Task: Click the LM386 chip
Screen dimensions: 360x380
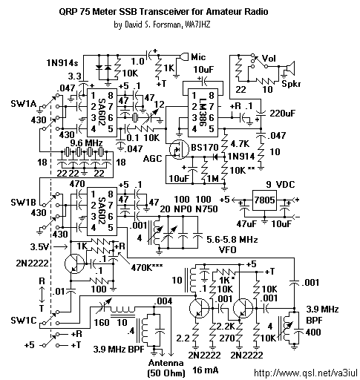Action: click(x=203, y=113)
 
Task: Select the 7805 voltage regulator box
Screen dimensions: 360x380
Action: click(x=264, y=200)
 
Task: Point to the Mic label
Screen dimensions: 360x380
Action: click(x=198, y=57)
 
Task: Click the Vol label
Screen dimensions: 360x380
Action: click(x=269, y=59)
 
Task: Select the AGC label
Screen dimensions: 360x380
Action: click(x=152, y=159)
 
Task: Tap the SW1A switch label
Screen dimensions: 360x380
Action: click(x=24, y=104)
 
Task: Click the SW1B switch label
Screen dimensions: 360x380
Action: click(x=23, y=202)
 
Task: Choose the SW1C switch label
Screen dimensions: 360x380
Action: click(x=24, y=321)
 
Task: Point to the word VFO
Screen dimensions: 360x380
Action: click(x=228, y=249)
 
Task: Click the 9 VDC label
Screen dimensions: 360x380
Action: click(x=281, y=185)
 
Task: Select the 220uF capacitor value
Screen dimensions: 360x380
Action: click(x=283, y=114)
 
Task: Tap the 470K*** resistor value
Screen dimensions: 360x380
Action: click(x=147, y=267)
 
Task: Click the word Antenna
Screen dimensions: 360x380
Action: click(x=166, y=363)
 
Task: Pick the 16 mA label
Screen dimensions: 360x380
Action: click(x=206, y=370)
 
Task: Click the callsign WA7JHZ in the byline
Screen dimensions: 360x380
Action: click(x=197, y=24)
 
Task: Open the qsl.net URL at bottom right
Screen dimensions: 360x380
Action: click(x=307, y=373)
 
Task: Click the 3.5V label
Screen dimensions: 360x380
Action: click(x=40, y=247)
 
